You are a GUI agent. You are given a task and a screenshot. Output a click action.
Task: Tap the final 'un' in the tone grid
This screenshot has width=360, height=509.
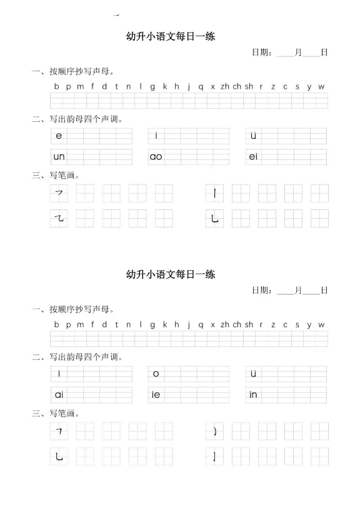click(59, 157)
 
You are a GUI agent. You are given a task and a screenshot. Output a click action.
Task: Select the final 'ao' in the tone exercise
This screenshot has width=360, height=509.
click(156, 157)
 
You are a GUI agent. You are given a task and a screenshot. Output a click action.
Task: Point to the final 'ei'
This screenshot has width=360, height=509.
click(253, 157)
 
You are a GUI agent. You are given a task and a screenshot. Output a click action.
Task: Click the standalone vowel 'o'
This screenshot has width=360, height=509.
click(156, 374)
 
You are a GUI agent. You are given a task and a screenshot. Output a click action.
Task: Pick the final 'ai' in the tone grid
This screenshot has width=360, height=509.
click(59, 395)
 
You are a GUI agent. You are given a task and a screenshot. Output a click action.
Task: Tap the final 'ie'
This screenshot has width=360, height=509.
click(156, 395)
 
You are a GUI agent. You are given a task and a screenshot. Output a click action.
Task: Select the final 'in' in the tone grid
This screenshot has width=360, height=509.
click(253, 395)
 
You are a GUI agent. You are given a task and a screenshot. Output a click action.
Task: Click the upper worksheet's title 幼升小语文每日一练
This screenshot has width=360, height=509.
click(171, 36)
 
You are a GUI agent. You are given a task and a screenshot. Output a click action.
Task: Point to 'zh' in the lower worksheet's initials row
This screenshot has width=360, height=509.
click(225, 325)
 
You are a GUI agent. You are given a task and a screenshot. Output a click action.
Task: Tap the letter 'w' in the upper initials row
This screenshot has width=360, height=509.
click(321, 86)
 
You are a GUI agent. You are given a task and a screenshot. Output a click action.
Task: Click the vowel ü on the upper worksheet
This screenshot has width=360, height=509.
click(253, 136)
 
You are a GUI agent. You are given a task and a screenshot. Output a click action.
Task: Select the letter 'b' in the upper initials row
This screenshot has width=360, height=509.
click(56, 86)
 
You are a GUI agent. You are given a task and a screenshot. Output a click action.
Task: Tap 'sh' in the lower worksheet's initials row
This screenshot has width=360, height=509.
click(249, 325)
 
